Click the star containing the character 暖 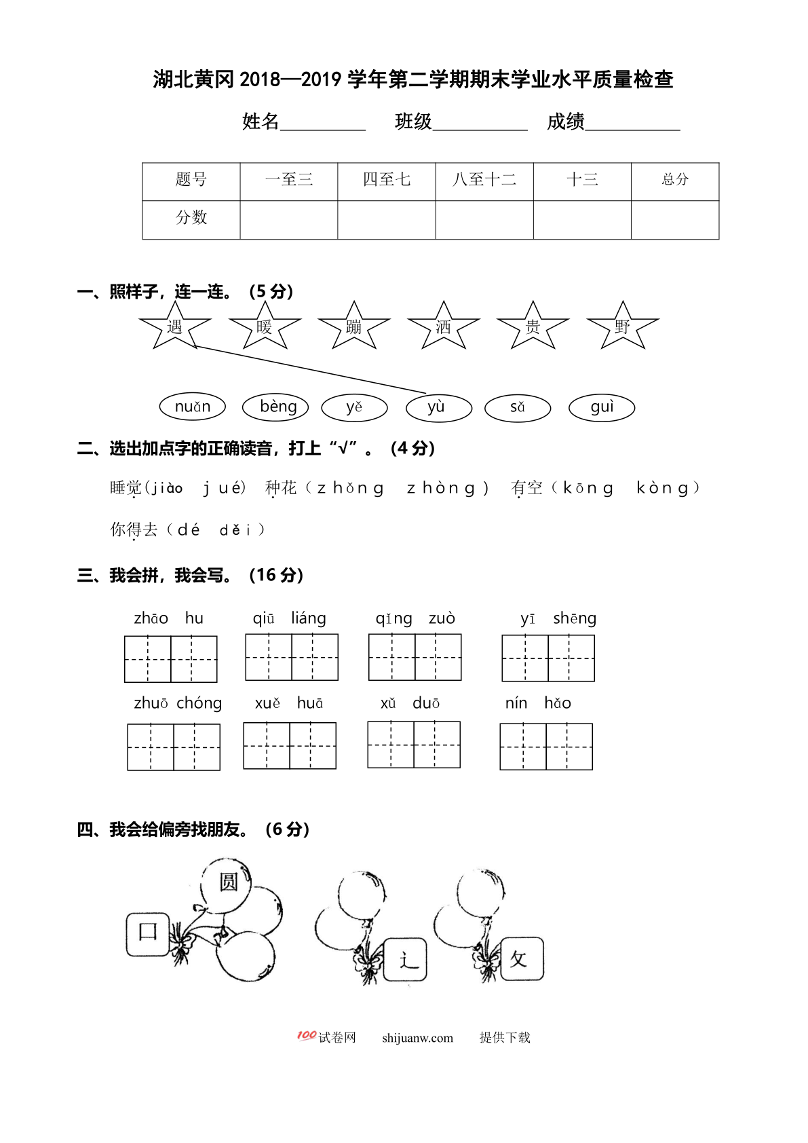tap(265, 327)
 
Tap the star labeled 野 tap(622, 327)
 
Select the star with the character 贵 tap(533, 327)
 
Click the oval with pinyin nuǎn tap(193, 407)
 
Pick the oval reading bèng tap(275, 407)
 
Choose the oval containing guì tap(602, 407)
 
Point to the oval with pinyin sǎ tap(518, 407)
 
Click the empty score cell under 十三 tap(582, 220)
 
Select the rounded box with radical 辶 tap(406, 960)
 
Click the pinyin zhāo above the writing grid tap(151, 618)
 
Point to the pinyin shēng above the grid tap(575, 618)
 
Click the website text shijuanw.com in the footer tap(417, 1038)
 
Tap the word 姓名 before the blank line tap(261, 121)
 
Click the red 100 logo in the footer tap(307, 1036)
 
